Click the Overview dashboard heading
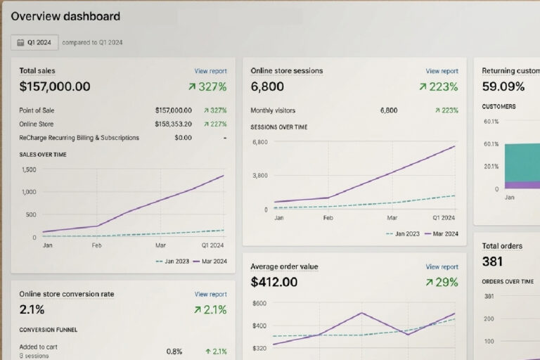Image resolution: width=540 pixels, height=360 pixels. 65,16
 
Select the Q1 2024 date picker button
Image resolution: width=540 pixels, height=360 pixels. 34,42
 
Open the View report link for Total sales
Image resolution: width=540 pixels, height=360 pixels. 210,71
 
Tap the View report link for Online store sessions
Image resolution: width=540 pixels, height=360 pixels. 442,71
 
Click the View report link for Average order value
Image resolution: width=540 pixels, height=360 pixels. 442,266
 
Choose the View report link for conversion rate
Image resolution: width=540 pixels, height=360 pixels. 210,294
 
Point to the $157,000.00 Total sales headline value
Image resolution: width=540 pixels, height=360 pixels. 55,86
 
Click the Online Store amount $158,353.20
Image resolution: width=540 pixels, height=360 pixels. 173,124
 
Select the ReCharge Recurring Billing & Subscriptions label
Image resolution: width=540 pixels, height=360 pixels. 79,138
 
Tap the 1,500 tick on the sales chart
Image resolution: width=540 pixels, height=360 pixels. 29,169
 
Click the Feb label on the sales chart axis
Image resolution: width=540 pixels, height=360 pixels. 96,245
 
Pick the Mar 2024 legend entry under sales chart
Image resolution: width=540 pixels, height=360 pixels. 210,262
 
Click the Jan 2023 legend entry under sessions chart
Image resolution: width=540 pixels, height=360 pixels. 403,234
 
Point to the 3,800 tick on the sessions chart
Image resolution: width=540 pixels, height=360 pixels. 260,176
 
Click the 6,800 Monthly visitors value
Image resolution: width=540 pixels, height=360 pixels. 389,110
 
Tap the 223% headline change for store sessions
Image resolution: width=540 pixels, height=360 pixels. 439,86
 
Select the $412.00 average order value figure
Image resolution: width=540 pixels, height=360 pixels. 274,282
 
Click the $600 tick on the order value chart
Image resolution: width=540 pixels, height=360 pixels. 259,304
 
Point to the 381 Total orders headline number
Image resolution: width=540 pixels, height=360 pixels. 492,262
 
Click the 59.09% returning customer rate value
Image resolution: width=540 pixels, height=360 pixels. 503,86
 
